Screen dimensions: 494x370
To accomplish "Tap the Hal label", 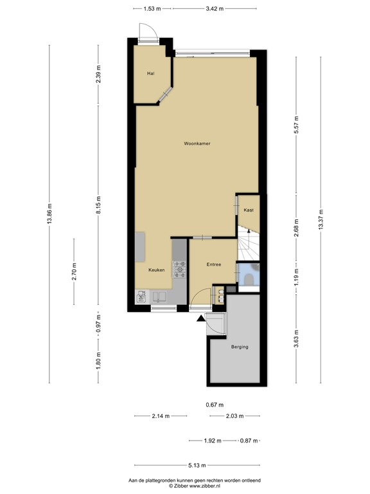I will tap(151, 73).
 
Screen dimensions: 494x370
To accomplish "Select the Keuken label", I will tap(157, 270).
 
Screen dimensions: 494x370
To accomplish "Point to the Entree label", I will tap(214, 264).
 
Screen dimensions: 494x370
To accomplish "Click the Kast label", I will tap(248, 210).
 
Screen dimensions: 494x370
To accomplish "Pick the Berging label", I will tap(239, 347).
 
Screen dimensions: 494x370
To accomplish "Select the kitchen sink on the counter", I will tap(159, 297).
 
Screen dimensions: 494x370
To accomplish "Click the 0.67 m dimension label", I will tap(214, 405).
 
